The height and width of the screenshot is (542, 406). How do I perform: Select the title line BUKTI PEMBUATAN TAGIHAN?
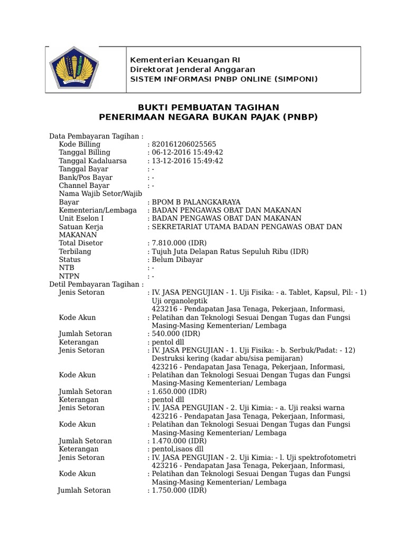click(x=208, y=107)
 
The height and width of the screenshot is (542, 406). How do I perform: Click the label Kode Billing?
click(x=79, y=144)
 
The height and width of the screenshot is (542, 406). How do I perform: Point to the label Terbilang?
click(x=75, y=251)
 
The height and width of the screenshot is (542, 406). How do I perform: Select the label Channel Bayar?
click(x=84, y=186)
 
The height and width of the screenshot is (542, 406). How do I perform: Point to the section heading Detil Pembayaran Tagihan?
click(x=96, y=284)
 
